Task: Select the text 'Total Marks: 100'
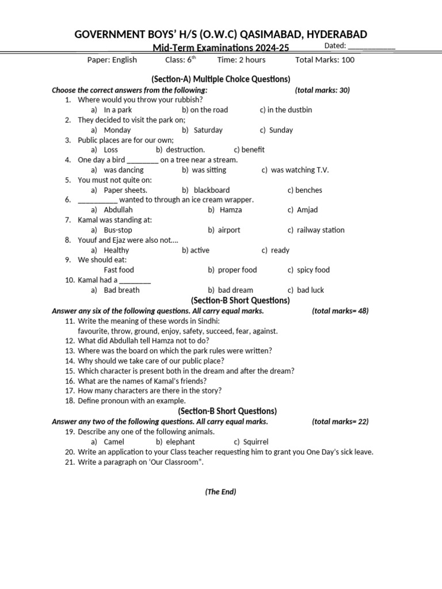pyautogui.click(x=325, y=60)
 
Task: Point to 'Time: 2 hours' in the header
pyautogui.click(x=241, y=60)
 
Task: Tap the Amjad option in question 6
pyautogui.click(x=307, y=210)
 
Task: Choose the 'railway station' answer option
pyautogui.click(x=321, y=230)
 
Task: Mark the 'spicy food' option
pyautogui.click(x=313, y=270)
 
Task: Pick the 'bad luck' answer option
pyautogui.click(x=310, y=290)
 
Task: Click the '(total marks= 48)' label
pyautogui.click(x=340, y=311)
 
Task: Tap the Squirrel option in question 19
pyautogui.click(x=256, y=442)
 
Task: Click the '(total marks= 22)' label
pyautogui.click(x=340, y=422)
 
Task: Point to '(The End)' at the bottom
pyautogui.click(x=221, y=492)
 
